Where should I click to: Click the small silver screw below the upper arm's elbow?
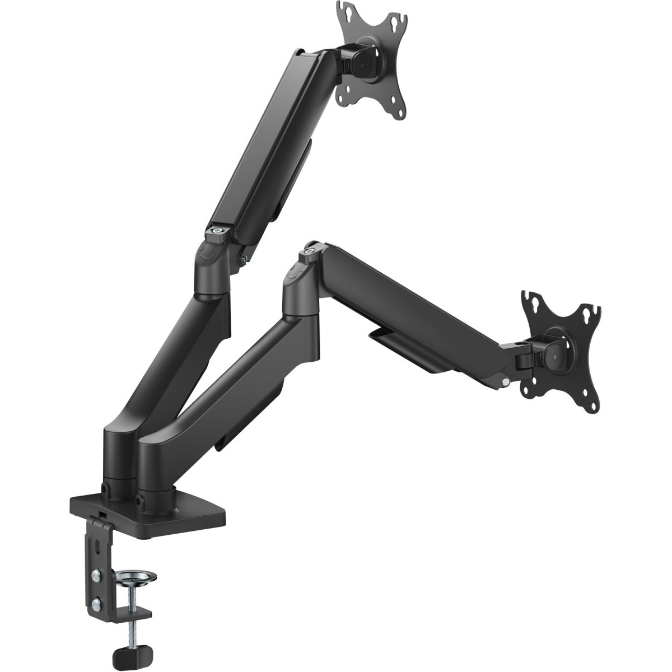[244, 257]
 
